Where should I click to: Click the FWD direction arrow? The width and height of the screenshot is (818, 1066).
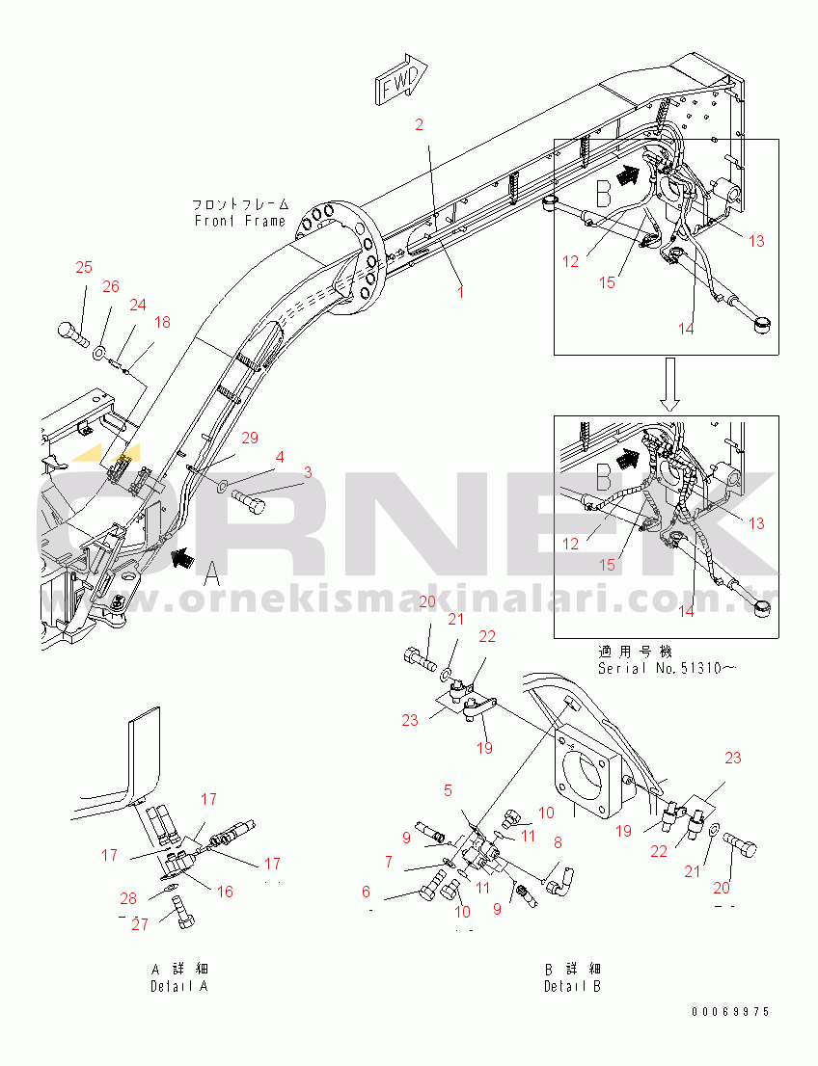[x=401, y=80]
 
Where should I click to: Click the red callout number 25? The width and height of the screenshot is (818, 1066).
[x=84, y=267]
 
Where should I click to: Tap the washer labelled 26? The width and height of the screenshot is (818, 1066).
[x=98, y=351]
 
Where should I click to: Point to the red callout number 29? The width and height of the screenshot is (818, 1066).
[x=250, y=438]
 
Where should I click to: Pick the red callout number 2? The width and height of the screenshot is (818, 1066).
[x=420, y=124]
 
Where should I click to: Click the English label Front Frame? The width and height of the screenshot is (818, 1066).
[x=239, y=221]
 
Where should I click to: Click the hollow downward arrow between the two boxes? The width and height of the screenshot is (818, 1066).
[x=670, y=385]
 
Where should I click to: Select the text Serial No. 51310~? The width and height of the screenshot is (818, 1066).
[x=667, y=668]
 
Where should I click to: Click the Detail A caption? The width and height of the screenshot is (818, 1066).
[x=179, y=986]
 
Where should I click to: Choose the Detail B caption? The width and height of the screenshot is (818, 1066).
[x=572, y=986]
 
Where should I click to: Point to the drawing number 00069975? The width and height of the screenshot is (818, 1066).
[x=730, y=1012]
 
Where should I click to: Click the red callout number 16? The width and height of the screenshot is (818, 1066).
[x=225, y=892]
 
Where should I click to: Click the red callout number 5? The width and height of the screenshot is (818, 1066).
[x=448, y=790]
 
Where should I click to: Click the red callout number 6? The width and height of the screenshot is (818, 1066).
[x=367, y=892]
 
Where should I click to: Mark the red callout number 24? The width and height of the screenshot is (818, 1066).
[x=138, y=305]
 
